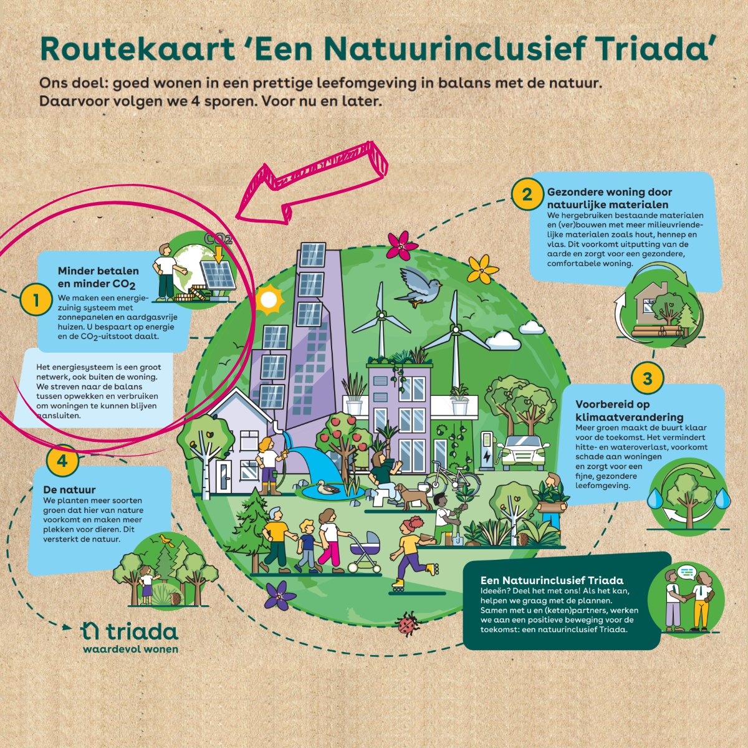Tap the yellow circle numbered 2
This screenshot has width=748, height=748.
point(527,194)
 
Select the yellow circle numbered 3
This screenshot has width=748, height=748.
point(647,378)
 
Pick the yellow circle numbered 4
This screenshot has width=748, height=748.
point(62,461)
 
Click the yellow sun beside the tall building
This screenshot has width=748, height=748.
point(269,300)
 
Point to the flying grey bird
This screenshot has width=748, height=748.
point(421,285)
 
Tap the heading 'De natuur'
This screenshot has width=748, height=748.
point(69,489)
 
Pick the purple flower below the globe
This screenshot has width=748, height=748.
point(279,595)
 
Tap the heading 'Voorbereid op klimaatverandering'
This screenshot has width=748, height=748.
point(629,410)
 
